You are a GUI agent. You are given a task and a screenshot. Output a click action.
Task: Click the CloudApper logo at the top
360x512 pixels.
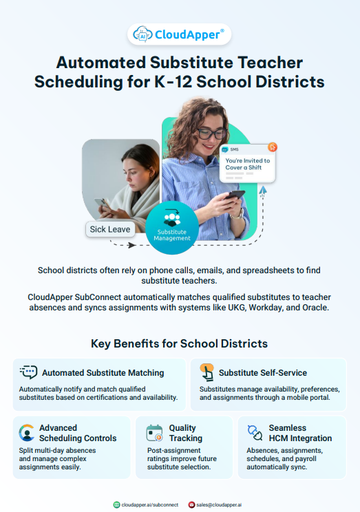(179, 34)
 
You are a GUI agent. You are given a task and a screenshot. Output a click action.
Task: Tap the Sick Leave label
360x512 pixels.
(111, 229)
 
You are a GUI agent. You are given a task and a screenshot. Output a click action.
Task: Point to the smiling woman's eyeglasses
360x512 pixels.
(212, 132)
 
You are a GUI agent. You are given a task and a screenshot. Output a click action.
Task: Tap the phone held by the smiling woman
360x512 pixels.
(236, 196)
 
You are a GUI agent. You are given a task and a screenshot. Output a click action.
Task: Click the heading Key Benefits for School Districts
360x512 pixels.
(179, 343)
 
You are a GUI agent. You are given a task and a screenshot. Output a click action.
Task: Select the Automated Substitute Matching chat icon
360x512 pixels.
(28, 372)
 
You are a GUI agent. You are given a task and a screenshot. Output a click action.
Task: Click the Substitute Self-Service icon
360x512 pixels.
(206, 372)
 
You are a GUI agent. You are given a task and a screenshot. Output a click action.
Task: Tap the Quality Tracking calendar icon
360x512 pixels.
(154, 433)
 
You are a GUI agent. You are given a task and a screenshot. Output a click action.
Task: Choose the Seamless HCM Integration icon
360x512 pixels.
(255, 433)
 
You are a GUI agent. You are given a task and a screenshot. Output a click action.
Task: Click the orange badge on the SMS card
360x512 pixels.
(272, 147)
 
